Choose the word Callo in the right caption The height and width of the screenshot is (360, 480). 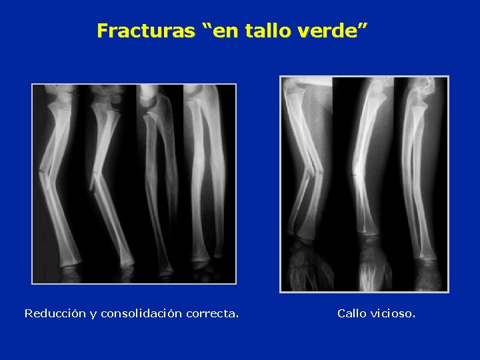coord(351,313)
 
